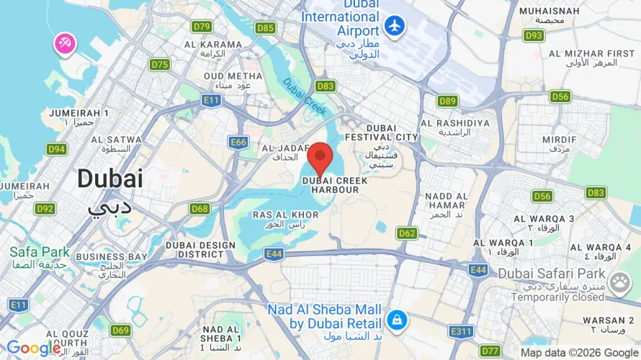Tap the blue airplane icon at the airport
coord(395,26)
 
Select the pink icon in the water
coord(65,44)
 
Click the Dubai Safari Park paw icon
coord(619,283)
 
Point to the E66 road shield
coord(239,143)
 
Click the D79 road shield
coord(202,27)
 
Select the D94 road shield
coord(56,149)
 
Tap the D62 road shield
coord(407,233)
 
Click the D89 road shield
coord(447,101)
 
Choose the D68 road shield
coord(200,209)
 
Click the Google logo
coord(34,348)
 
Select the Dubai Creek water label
coord(305,97)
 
